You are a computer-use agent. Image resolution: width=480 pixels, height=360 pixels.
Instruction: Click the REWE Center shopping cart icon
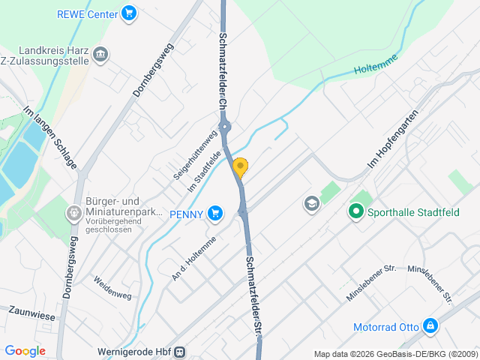pyautogui.click(x=129, y=13)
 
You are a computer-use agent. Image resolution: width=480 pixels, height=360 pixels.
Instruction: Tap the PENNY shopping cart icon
pyautogui.click(x=216, y=214)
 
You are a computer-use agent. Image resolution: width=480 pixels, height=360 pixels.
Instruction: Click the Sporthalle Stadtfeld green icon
pyautogui.click(x=356, y=212)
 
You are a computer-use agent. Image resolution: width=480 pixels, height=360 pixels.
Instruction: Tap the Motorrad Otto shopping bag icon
pyautogui.click(x=430, y=326)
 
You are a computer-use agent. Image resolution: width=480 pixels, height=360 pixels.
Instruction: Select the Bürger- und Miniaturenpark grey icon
pyautogui.click(x=74, y=214)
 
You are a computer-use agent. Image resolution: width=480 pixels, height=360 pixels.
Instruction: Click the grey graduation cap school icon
pyautogui.click(x=311, y=203)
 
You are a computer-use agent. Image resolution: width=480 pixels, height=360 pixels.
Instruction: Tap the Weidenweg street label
pyautogui.click(x=112, y=287)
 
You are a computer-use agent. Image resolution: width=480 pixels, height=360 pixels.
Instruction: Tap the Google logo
pyautogui.click(x=25, y=351)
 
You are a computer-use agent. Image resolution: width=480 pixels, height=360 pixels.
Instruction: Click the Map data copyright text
pyautogui.click(x=394, y=354)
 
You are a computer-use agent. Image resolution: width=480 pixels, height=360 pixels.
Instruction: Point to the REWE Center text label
pyautogui.click(x=87, y=13)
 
